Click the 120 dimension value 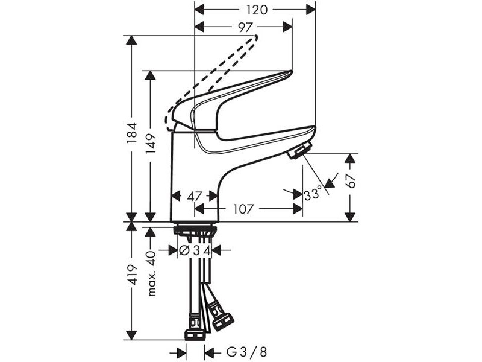(257, 10)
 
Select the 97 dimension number (245, 27)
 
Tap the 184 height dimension (132, 133)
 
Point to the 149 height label (151, 144)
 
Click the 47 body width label (195, 196)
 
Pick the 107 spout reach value (243, 209)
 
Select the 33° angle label (313, 194)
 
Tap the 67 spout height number (351, 182)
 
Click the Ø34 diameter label (195, 250)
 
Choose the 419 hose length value (132, 275)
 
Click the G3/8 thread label (247, 352)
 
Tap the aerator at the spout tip (300, 150)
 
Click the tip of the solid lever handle (291, 73)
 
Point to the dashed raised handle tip (255, 38)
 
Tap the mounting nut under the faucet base (195, 230)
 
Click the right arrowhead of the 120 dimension (311, 10)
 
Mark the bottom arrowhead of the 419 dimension (132, 335)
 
